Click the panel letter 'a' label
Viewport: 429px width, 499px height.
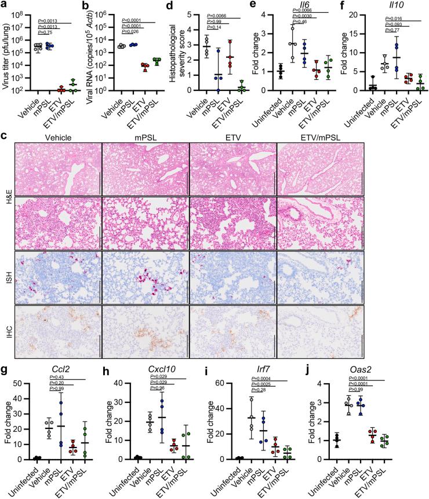click(x=4, y=6)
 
